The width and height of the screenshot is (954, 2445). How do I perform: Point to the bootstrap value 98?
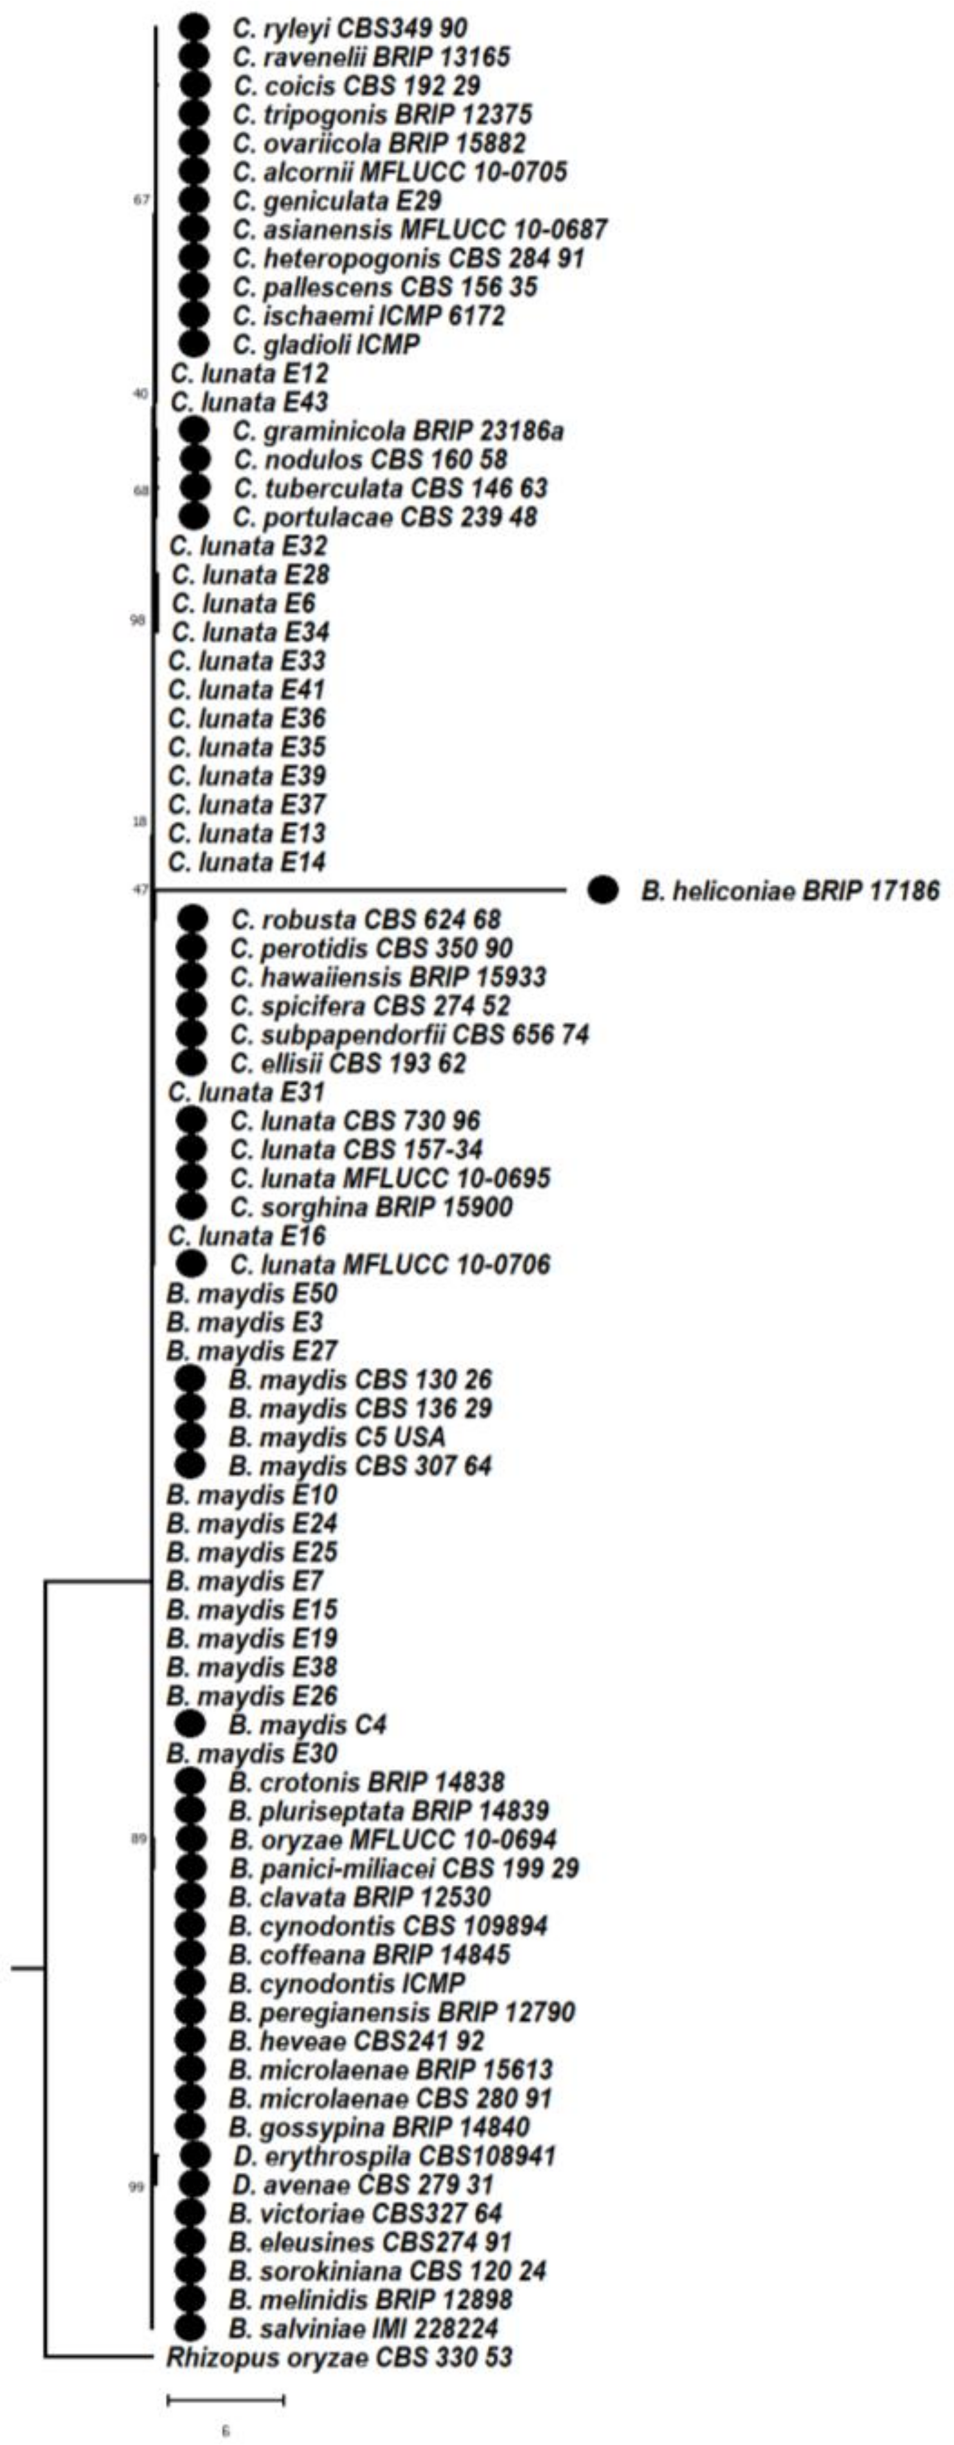(x=138, y=621)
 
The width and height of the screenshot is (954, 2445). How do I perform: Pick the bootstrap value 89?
(x=139, y=1839)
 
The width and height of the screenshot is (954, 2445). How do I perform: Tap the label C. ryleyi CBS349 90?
(x=349, y=28)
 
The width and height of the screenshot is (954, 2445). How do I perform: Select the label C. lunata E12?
(x=249, y=373)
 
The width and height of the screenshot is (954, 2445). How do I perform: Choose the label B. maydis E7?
(x=245, y=1581)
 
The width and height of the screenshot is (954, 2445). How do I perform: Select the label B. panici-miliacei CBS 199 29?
(x=404, y=1868)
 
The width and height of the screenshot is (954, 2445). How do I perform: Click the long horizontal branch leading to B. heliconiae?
(x=361, y=890)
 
